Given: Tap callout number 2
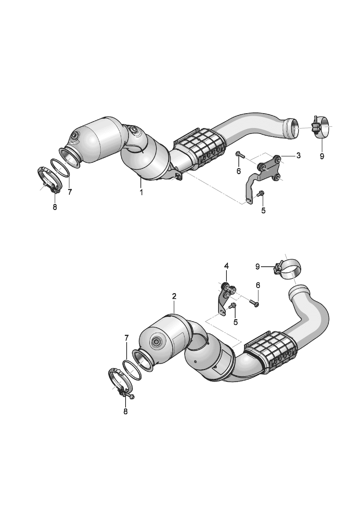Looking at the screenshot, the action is click(174, 296).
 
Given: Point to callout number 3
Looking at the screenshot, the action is click(298, 156).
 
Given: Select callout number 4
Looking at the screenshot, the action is click(226, 266).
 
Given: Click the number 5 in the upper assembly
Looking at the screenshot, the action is click(263, 210).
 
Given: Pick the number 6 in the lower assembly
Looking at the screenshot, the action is click(258, 286).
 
